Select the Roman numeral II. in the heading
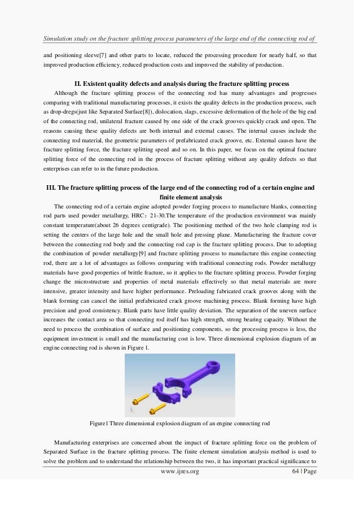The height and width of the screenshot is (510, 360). (x=79, y=84)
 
